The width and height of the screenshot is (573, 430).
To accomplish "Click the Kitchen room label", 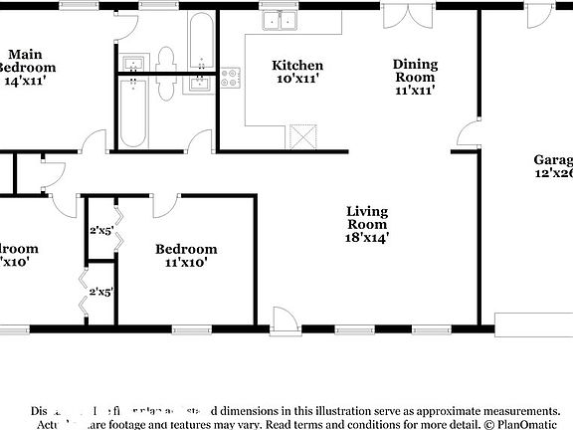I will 297,66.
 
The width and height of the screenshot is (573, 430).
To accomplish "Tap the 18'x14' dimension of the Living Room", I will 367,238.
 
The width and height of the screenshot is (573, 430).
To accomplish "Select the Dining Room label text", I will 415,69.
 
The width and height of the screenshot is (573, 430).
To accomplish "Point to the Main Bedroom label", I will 28,60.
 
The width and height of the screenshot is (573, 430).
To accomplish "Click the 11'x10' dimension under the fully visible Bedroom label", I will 186,263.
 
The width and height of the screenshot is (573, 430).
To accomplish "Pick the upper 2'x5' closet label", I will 101,230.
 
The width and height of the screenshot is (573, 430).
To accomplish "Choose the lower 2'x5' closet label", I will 101,293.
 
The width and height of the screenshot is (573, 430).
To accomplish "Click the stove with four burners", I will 231,78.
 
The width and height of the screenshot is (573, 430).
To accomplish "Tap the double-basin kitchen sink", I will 280,21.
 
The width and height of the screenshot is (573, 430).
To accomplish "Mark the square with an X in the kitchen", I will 301,135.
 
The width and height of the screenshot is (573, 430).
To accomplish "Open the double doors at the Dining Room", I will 408,17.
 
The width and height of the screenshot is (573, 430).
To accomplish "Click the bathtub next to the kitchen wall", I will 200,40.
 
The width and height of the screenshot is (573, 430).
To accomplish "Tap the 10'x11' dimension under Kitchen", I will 297,80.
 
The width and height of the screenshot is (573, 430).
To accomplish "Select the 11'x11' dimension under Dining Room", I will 415,90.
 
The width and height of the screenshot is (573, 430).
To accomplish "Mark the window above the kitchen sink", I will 281,5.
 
